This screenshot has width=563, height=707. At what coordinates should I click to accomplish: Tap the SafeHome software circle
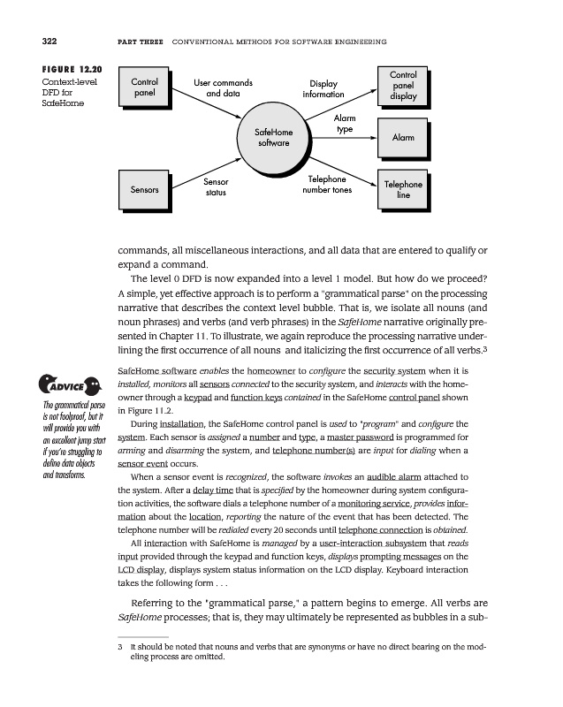pos(275,137)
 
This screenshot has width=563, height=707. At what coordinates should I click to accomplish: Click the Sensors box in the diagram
pos(144,189)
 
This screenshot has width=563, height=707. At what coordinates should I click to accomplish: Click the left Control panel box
pos(144,87)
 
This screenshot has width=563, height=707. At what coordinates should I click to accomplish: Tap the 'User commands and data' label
pos(223,88)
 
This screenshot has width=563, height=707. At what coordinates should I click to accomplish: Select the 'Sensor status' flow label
pos(216,186)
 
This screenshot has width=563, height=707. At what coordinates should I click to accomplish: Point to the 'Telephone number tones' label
pos(327,184)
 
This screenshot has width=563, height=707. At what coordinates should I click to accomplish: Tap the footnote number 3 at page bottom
pos(120,648)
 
